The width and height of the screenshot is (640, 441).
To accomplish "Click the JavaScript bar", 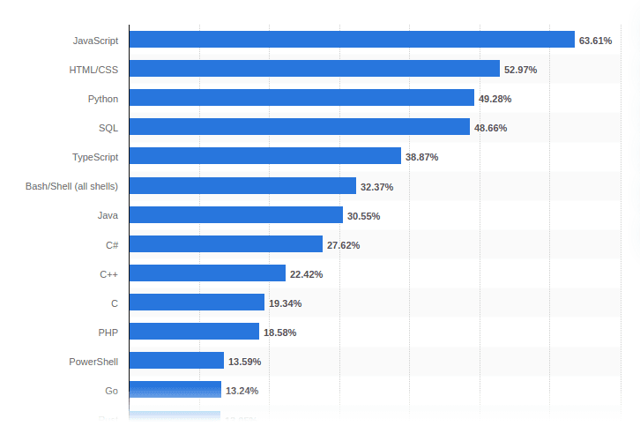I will point(352,40).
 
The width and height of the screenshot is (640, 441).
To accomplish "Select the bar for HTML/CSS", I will point(315,69).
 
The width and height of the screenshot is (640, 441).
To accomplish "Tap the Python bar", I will point(301,98).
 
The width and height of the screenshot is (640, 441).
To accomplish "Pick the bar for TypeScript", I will point(265,156).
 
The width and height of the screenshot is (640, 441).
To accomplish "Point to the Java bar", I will point(236,214).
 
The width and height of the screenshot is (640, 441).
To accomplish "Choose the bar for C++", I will point(207,273).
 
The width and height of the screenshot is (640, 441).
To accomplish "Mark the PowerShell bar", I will point(176,361).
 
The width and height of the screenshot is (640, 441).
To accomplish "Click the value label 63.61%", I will point(595,41).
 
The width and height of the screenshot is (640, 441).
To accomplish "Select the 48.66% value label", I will point(491,128).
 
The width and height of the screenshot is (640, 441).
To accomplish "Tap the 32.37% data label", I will point(376,187).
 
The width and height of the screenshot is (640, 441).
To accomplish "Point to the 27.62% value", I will point(343,245).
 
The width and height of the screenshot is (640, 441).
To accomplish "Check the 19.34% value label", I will point(285,303).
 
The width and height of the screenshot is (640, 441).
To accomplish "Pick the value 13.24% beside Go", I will point(242,391).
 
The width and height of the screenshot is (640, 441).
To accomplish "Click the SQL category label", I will point(108,128).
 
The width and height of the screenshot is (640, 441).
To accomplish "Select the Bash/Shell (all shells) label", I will point(72,186).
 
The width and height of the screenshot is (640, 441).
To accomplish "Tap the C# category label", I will point(111,244).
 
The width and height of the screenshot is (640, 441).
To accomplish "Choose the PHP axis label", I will point(108,332).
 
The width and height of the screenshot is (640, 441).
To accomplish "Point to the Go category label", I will point(111,390).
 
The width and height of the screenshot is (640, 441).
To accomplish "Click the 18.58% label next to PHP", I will point(279,333).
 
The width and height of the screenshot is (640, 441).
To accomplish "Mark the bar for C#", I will point(226,244).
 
